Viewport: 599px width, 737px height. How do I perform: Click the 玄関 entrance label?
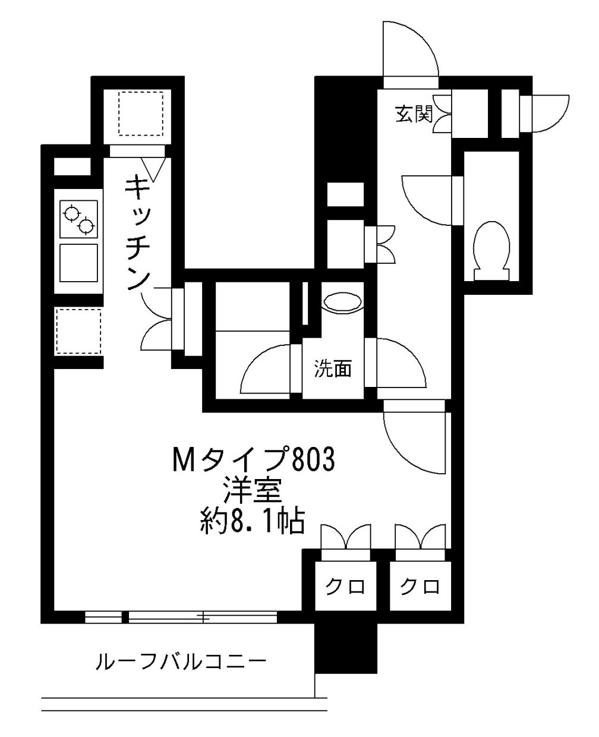tap(414, 114)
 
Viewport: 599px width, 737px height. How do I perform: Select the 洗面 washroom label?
tap(333, 369)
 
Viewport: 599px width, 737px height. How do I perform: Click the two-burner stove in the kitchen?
tap(78, 219)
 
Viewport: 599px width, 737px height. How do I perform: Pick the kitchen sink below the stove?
tap(78, 263)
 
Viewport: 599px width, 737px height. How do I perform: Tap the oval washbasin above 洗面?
tap(342, 301)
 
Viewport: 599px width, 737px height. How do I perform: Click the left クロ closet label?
tap(345, 587)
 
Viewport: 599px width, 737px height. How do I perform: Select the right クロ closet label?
tap(420, 587)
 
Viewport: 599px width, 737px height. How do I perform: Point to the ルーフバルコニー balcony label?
tap(181, 662)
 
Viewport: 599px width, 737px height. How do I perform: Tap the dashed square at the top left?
tap(140, 114)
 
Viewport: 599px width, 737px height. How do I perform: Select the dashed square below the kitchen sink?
tap(78, 330)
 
